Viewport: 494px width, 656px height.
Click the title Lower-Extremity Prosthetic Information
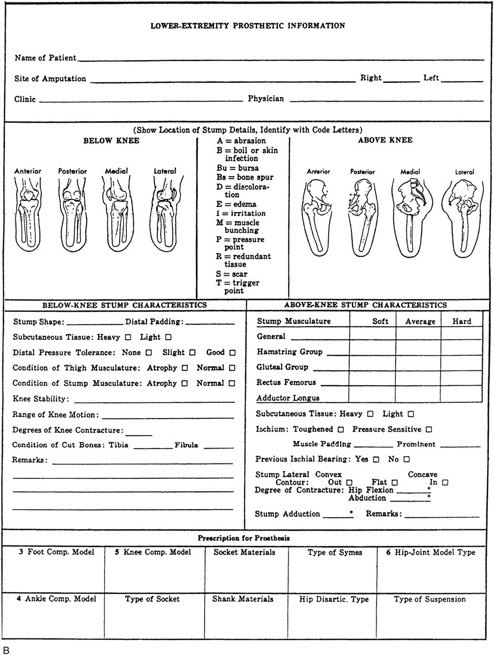click(x=247, y=26)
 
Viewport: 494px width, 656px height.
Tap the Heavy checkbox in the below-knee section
click(x=128, y=338)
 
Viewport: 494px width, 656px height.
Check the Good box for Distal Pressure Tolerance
click(x=232, y=353)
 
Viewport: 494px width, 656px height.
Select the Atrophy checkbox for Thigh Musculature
click(x=185, y=368)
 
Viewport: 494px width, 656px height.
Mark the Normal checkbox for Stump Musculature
click(x=232, y=383)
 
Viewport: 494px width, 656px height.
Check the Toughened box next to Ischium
click(x=340, y=430)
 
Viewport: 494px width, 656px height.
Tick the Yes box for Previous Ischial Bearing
click(x=376, y=460)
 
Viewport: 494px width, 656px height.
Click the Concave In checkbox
click(x=445, y=482)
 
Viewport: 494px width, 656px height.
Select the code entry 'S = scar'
click(x=232, y=274)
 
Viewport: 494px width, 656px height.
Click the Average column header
click(x=420, y=321)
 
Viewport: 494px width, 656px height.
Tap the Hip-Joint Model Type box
click(x=430, y=569)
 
